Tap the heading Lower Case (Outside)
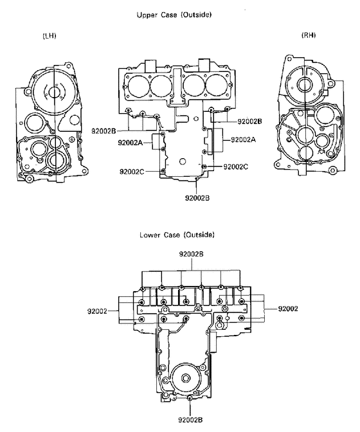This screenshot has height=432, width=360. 177,235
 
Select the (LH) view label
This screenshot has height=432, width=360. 49,35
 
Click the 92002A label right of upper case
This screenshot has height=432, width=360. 243,139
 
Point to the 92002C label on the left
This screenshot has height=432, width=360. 131,172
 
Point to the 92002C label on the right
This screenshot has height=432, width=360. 235,166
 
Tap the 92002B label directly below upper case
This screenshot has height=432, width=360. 198,197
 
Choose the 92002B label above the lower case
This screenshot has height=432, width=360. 192,255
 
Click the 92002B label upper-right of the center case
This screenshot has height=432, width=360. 249,121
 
